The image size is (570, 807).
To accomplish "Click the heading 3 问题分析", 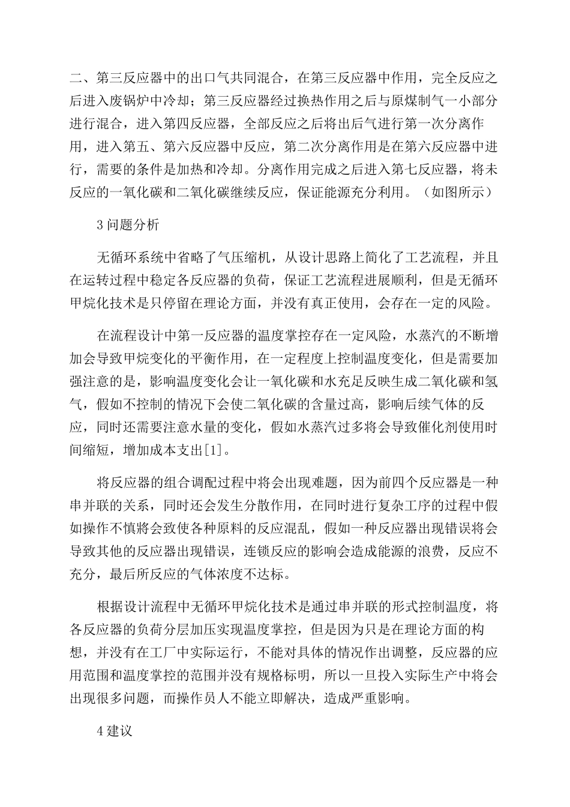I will (x=128, y=225).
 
